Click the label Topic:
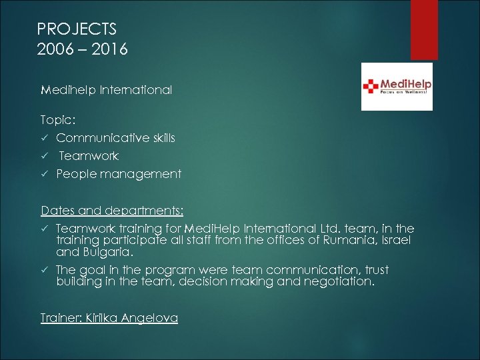pos(59,121)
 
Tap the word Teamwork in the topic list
pos(89,156)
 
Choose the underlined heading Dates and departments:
pos(112,211)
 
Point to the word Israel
pos(396,241)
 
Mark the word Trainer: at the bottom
pos(61,318)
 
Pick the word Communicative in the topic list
pos(97,139)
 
